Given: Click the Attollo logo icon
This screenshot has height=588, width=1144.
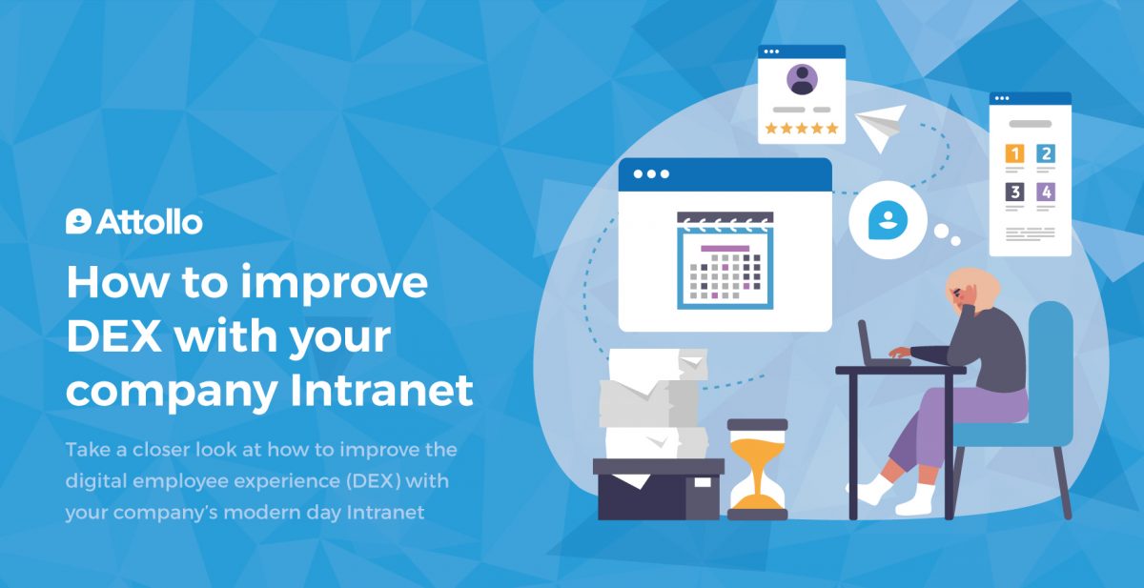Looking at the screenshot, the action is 78,221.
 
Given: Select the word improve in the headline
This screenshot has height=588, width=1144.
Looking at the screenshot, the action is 334,284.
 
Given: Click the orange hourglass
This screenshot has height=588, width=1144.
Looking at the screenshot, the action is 757,469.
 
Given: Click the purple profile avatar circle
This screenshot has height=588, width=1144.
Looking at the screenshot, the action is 802,80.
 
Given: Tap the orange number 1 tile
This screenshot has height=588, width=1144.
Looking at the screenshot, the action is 1014,153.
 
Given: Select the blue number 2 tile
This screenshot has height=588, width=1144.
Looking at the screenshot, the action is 1046,153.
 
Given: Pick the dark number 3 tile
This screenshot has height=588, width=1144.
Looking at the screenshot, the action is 1014,192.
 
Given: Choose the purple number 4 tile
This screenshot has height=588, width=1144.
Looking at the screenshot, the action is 1046,192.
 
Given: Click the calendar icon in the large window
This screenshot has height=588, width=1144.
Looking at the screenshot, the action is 725,260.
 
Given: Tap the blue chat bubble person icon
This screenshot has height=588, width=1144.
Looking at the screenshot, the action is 888,220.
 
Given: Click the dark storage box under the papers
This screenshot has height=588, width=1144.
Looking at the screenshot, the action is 659,489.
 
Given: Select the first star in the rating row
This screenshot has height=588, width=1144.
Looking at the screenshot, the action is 771,128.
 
